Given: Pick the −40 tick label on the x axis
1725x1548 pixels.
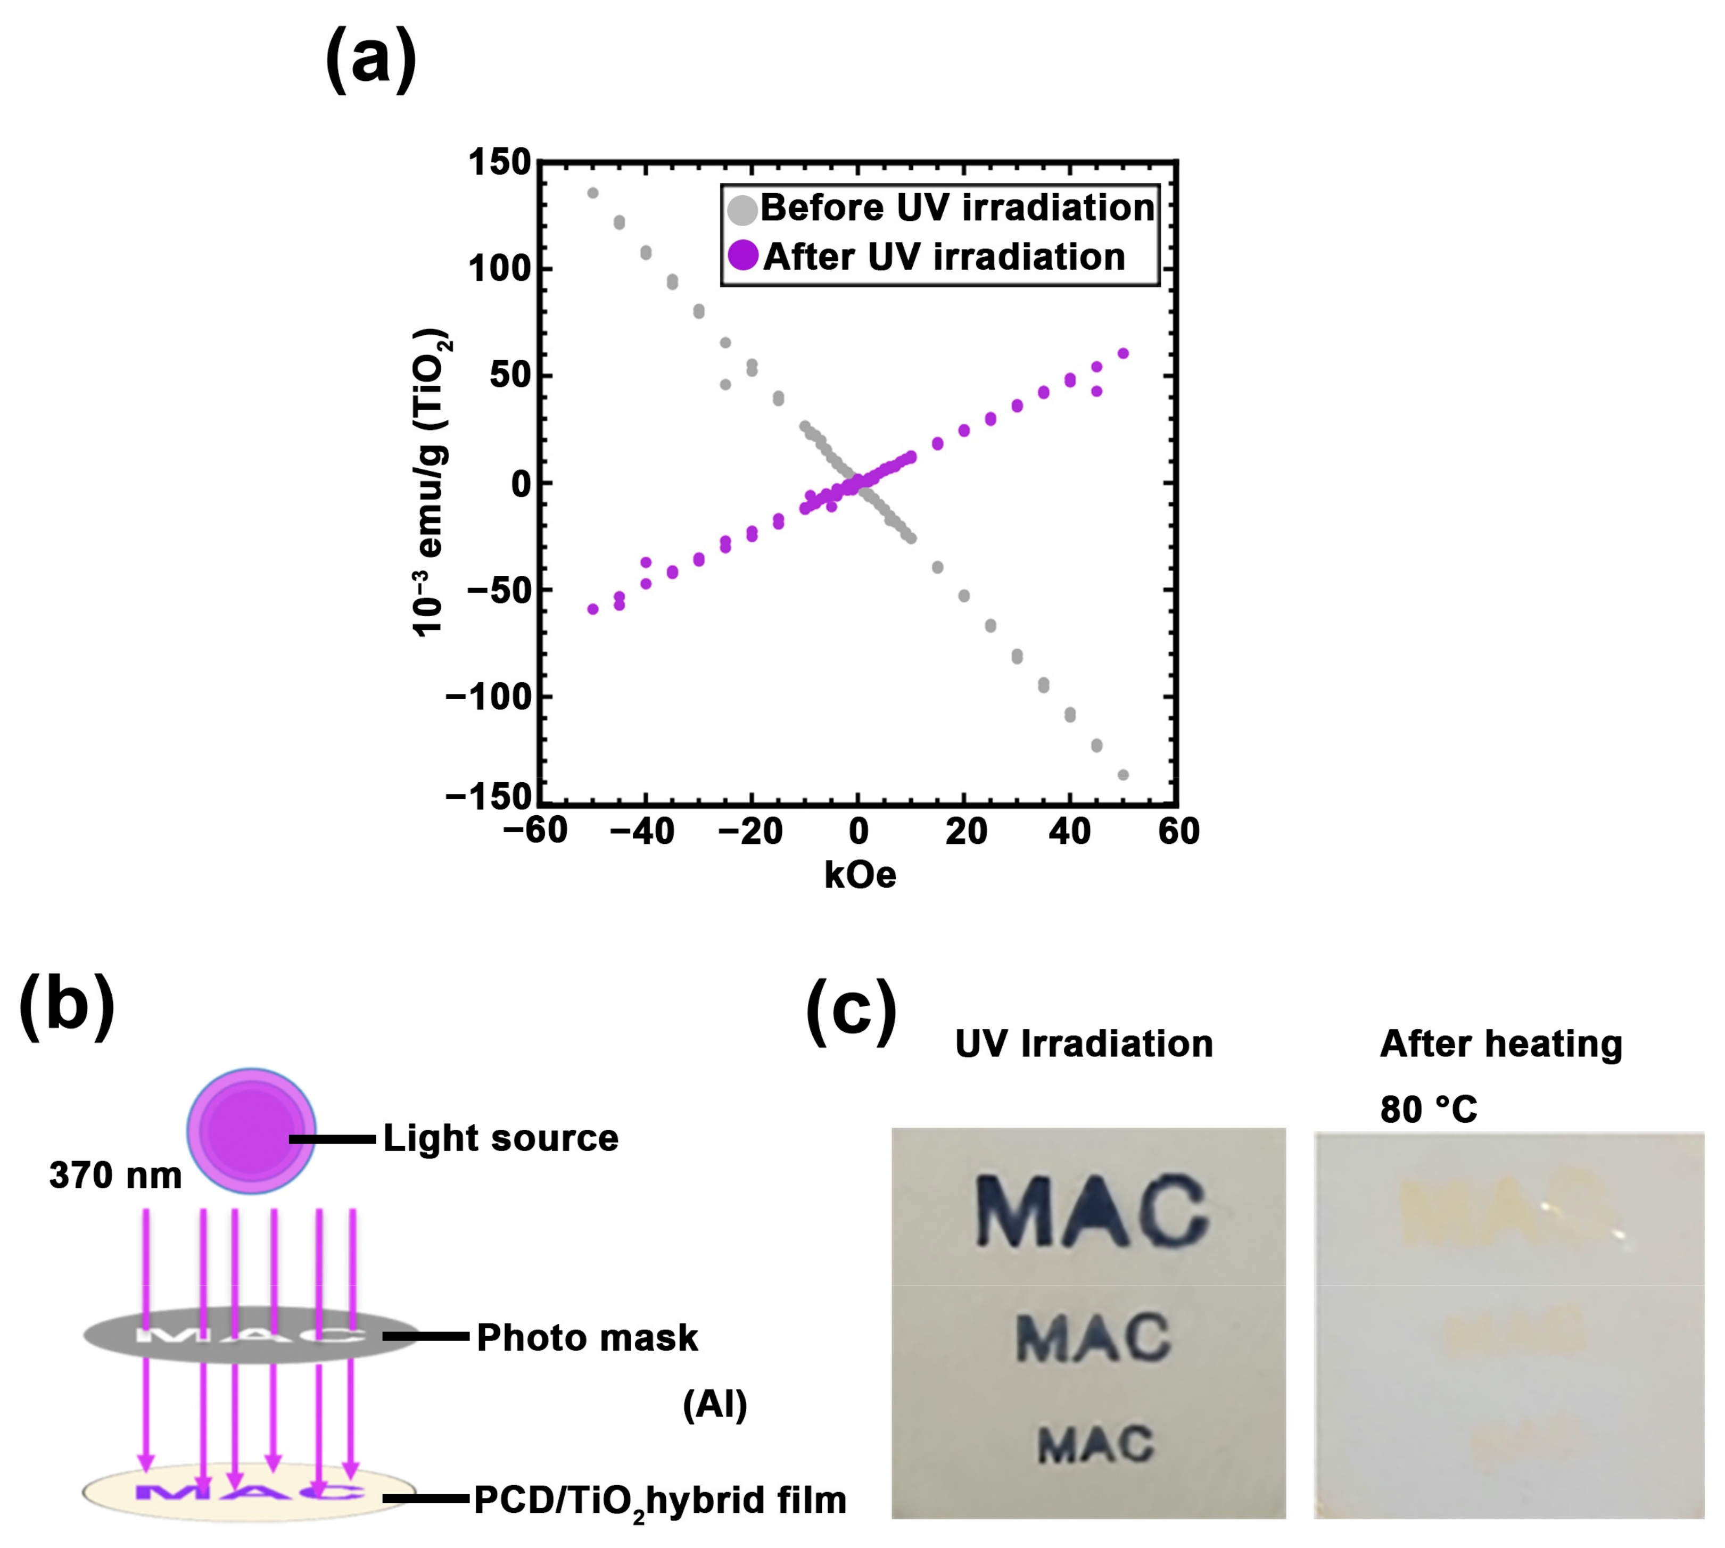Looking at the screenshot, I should click(x=642, y=831).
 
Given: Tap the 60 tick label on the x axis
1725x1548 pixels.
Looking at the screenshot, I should click(x=1178, y=831).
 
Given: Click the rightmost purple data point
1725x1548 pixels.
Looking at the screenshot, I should click(x=1123, y=353).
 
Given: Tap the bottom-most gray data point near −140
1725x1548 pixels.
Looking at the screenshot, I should click(x=1123, y=775).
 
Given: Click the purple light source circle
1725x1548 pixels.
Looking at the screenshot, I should click(x=252, y=1130).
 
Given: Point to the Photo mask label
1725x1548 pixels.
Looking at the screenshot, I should click(x=587, y=1338).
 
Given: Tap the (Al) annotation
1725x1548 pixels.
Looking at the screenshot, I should click(x=714, y=1405).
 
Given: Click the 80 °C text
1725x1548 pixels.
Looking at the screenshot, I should click(x=1428, y=1109).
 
